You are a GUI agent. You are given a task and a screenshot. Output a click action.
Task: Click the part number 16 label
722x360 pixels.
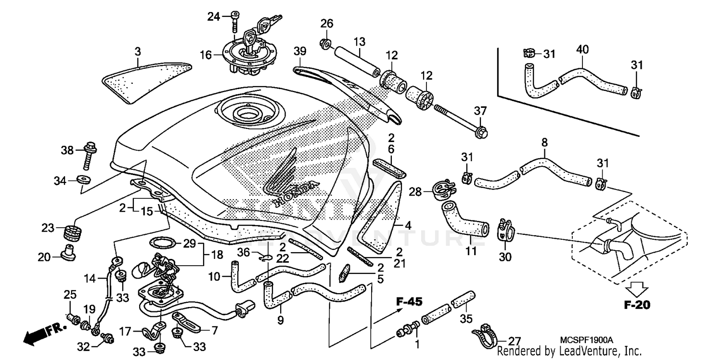tap(206, 55)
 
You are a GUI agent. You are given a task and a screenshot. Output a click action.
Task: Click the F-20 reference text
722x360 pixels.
tap(636, 305)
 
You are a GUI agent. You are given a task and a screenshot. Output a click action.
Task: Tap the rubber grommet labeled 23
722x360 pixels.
tap(71, 232)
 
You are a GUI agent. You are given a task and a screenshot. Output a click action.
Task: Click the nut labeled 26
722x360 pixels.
tap(325, 45)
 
